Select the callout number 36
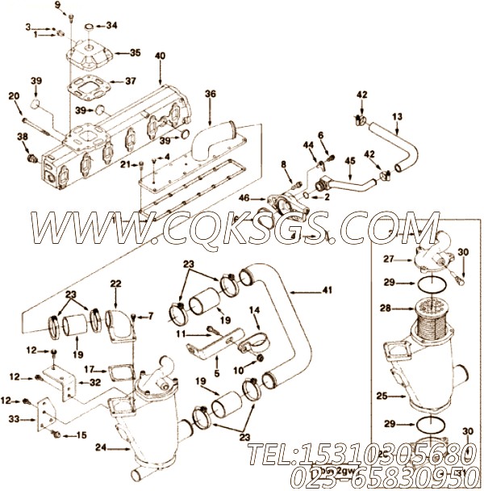(211, 94)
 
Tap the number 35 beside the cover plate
(135, 52)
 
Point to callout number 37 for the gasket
(130, 82)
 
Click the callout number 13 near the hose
(397, 117)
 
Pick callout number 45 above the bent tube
(349, 161)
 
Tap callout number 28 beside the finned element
(386, 308)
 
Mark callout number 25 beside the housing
(384, 397)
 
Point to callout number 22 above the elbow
(116, 283)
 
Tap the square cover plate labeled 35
(90, 53)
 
